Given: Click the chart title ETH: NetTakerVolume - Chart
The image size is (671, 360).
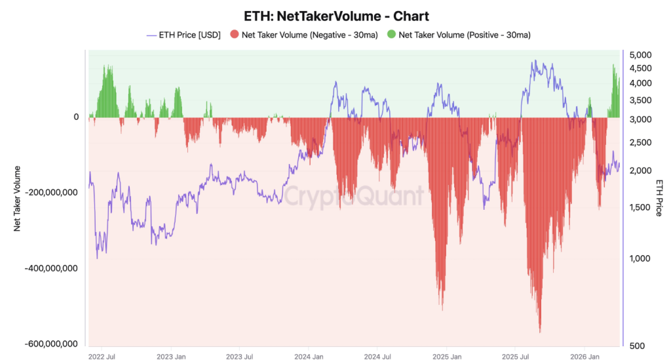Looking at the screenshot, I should click(x=335, y=15).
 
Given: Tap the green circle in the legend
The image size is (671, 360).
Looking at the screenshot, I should click(x=391, y=34).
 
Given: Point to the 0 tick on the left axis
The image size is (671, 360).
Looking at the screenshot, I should click(x=76, y=117).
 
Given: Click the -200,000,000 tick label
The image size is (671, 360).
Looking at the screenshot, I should click(x=50, y=193).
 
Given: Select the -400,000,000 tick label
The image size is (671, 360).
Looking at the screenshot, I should click(x=50, y=268).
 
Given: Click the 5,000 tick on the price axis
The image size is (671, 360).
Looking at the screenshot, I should click(x=640, y=54).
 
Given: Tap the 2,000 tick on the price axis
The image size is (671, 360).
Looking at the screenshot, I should click(x=640, y=170).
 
